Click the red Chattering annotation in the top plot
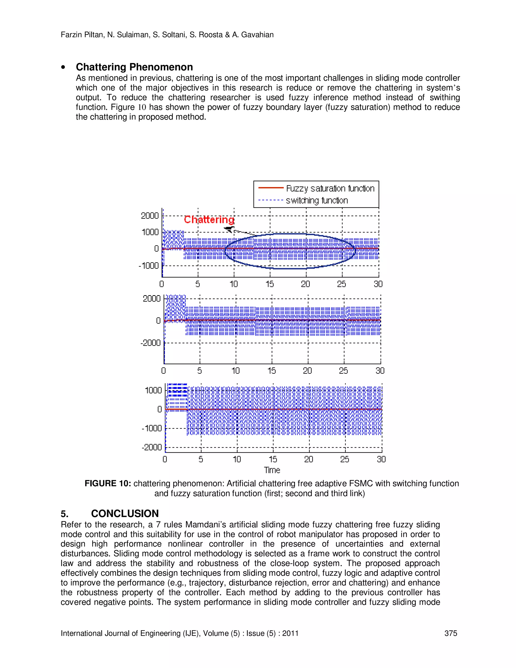(x=209, y=220)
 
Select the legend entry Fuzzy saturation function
(x=330, y=188)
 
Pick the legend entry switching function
(x=317, y=201)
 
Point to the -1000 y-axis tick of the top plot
(x=149, y=265)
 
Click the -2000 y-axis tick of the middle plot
(x=150, y=343)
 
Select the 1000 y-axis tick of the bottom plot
(x=153, y=390)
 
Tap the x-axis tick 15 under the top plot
(x=270, y=284)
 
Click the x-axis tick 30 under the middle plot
(x=380, y=371)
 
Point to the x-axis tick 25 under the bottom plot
(x=344, y=459)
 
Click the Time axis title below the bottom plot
(x=272, y=470)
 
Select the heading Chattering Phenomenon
(x=134, y=67)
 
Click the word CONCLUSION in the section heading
(x=125, y=513)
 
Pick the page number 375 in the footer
(x=450, y=633)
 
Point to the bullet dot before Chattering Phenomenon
(x=63, y=68)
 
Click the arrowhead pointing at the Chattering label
(x=229, y=229)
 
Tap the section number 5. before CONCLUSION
(x=64, y=513)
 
